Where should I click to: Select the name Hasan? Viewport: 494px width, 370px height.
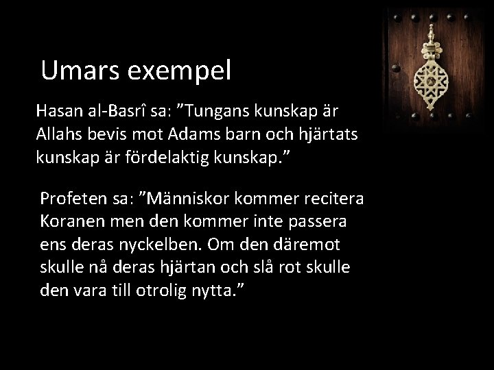(x=57, y=110)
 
